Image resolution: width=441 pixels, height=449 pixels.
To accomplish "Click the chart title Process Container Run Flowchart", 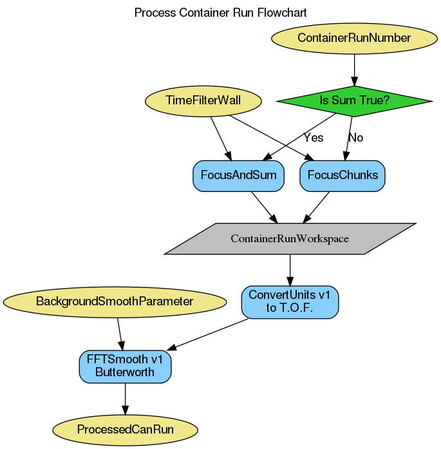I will [x=220, y=12].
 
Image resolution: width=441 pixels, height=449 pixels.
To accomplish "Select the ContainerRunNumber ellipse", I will [x=353, y=38].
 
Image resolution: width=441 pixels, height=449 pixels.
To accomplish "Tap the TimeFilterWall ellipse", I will [x=203, y=100].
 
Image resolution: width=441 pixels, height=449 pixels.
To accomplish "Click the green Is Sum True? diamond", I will [x=353, y=100].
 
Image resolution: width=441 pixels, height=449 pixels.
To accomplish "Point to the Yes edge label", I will [x=314, y=137].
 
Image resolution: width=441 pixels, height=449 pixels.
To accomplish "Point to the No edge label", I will [x=355, y=137].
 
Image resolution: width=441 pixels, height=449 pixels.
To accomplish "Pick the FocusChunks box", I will [x=342, y=175].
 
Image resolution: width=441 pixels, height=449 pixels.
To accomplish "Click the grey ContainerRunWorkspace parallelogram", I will [x=290, y=238].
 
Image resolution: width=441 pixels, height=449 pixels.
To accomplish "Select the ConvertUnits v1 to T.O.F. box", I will [x=290, y=301].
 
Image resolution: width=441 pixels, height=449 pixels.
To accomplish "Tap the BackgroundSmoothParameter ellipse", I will [x=115, y=301].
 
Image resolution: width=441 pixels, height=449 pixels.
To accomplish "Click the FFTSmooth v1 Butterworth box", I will [x=125, y=366].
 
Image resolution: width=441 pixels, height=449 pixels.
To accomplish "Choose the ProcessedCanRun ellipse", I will [x=125, y=429].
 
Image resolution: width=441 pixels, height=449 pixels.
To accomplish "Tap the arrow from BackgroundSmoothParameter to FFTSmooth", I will [x=120, y=333].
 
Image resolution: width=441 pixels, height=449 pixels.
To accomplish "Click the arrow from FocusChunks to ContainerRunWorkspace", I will [x=315, y=207].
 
